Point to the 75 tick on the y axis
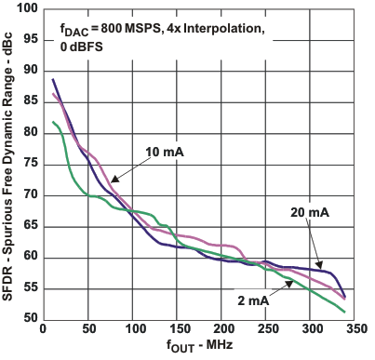tap(43, 164)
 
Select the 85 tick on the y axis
tap(43, 101)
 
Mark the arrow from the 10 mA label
tap(127, 167)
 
